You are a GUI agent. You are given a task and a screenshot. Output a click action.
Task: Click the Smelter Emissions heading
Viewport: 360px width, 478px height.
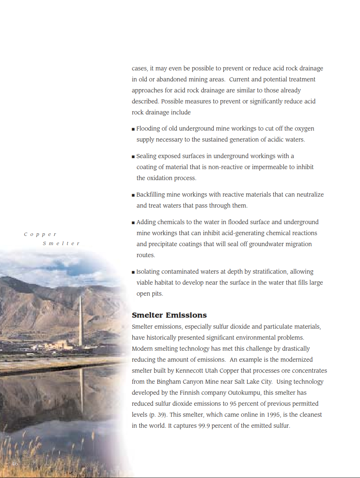click(x=169, y=315)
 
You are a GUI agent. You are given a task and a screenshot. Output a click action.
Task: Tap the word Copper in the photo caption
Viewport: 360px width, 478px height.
click(x=40, y=234)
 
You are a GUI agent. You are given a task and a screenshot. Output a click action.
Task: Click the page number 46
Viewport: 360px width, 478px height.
click(x=15, y=464)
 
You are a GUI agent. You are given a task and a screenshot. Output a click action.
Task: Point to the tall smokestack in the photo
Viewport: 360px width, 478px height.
click(x=81, y=319)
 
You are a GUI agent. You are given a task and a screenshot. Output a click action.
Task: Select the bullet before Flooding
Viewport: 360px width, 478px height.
click(x=133, y=129)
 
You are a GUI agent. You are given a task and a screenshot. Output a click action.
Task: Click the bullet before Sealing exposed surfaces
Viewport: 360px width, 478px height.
click(x=133, y=157)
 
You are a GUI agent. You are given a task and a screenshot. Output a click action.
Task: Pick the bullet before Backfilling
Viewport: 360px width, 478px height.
click(x=133, y=195)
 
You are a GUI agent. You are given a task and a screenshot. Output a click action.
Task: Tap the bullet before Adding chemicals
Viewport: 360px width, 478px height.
click(x=133, y=223)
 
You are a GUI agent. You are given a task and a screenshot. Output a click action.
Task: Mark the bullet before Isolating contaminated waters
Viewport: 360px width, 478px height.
click(x=133, y=272)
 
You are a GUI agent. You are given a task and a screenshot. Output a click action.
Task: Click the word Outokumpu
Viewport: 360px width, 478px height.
click(x=245, y=393)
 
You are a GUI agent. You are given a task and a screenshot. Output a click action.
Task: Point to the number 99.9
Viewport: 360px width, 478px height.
click(x=204, y=426)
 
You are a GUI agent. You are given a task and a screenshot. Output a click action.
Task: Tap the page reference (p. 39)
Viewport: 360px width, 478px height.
click(x=158, y=415)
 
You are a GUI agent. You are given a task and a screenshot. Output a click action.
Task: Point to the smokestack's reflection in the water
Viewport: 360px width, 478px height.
click(x=82, y=389)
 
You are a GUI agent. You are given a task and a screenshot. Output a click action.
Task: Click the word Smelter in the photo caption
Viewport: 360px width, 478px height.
click(x=61, y=244)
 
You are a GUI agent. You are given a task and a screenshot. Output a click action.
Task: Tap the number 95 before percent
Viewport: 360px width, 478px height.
click(x=233, y=404)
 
